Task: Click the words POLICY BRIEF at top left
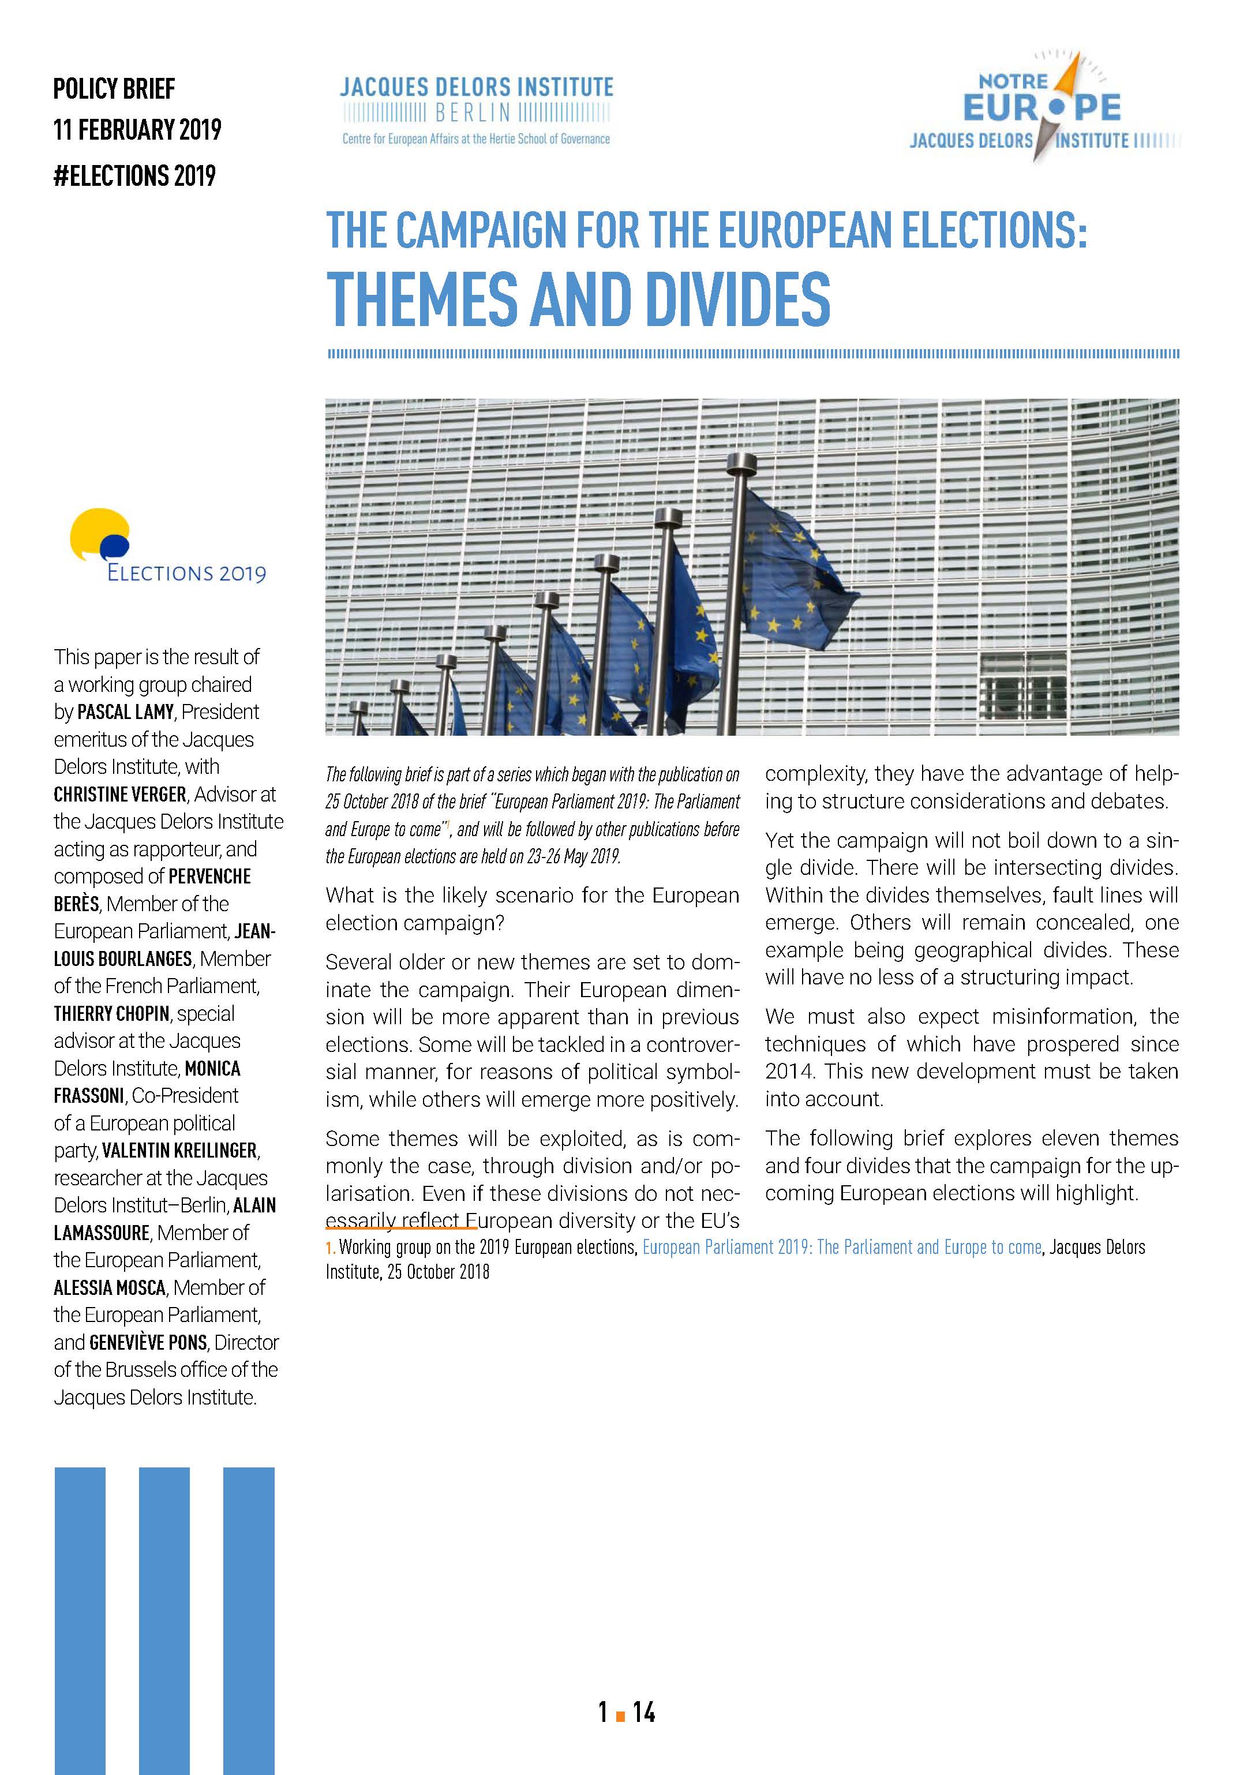point(114,89)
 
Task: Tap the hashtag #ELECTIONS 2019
point(134,176)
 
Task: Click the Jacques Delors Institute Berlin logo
point(477,110)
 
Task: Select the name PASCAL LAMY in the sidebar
point(125,712)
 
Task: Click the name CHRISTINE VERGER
point(120,795)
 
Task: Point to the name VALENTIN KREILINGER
point(179,1151)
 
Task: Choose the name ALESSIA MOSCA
point(110,1288)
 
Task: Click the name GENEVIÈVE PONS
point(148,1343)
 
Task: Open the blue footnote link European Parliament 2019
point(841,1247)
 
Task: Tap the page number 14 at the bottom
point(643,1713)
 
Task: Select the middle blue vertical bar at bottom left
point(164,1620)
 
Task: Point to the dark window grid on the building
point(1026,682)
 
